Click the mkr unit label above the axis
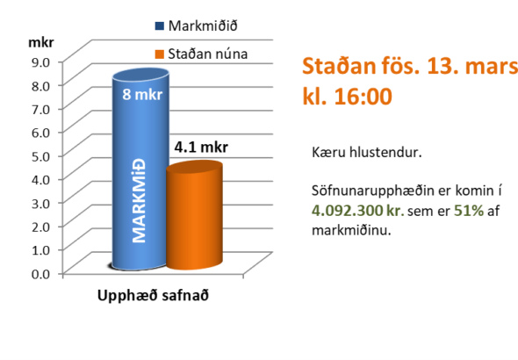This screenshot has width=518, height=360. (40, 41)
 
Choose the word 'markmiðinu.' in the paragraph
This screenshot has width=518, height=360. (350, 231)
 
